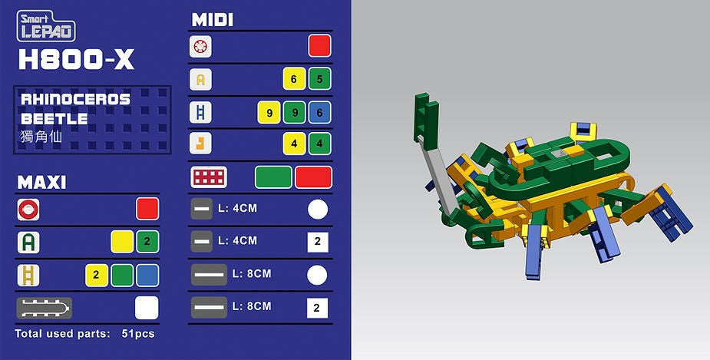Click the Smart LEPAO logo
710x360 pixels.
[46, 26]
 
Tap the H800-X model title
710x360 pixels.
[76, 59]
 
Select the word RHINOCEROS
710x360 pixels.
[76, 99]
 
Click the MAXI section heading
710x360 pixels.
[41, 183]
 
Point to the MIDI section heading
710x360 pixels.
[213, 20]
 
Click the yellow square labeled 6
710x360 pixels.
[294, 79]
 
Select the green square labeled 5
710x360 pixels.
[319, 79]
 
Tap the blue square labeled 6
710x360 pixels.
[319, 112]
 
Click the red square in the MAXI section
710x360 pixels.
[147, 209]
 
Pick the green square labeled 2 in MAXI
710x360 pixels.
[147, 242]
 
